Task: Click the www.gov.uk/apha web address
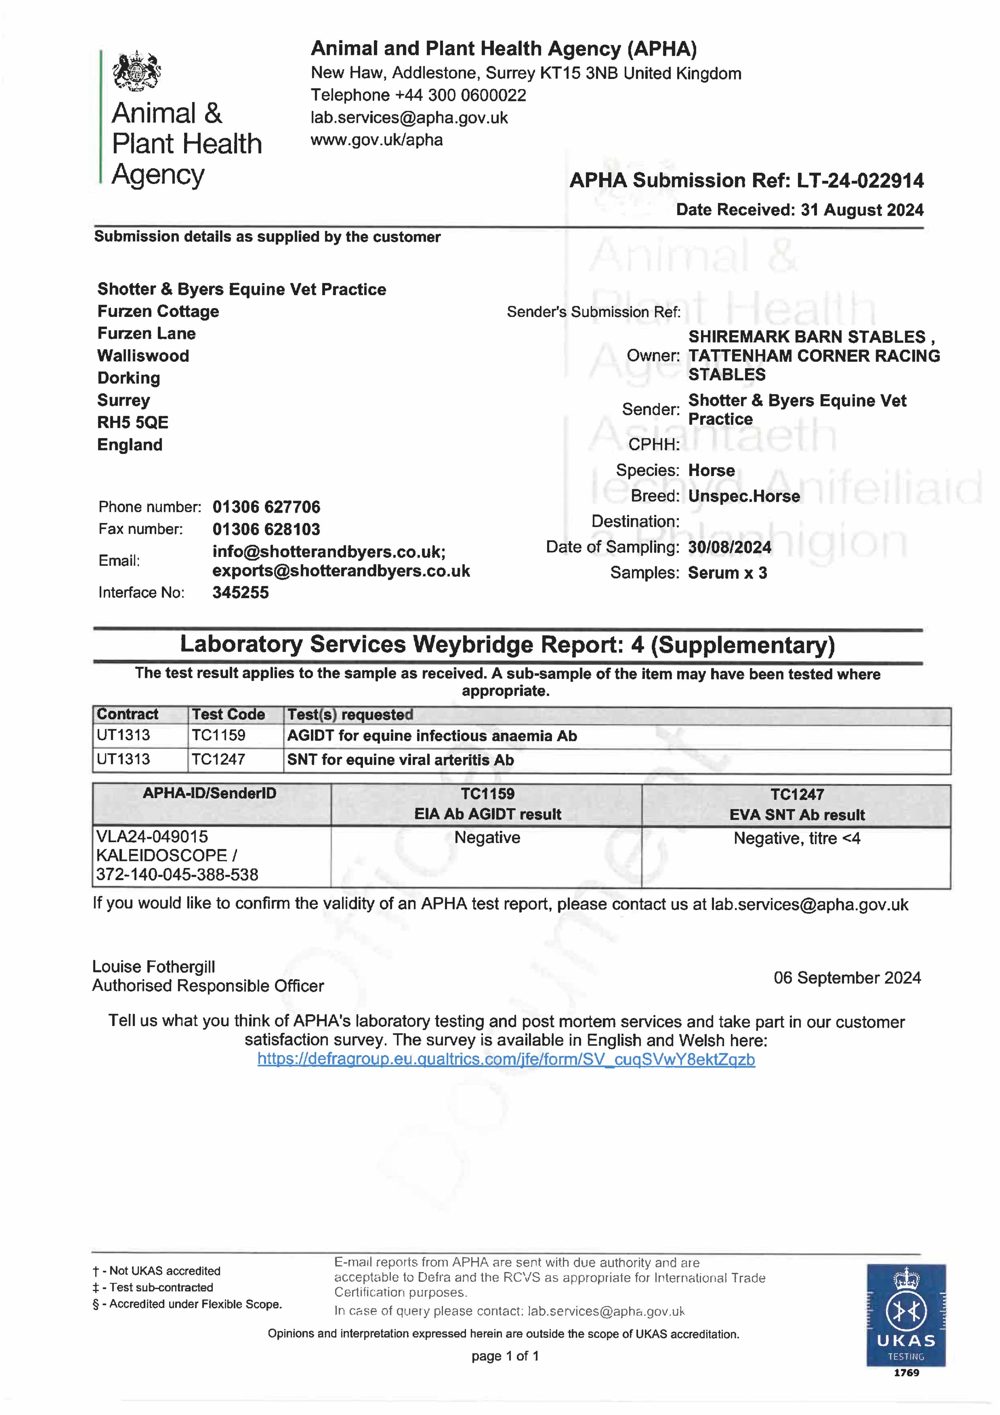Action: [x=377, y=140]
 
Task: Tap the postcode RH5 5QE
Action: [x=132, y=423]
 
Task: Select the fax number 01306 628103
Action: [x=266, y=529]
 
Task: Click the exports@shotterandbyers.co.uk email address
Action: [x=341, y=571]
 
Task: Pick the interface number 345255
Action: [x=240, y=593]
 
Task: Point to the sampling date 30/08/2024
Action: [x=730, y=547]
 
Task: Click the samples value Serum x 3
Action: [x=727, y=573]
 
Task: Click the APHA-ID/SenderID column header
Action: [x=210, y=794]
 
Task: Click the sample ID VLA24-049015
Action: [x=152, y=837]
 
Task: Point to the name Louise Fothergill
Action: [x=153, y=967]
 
